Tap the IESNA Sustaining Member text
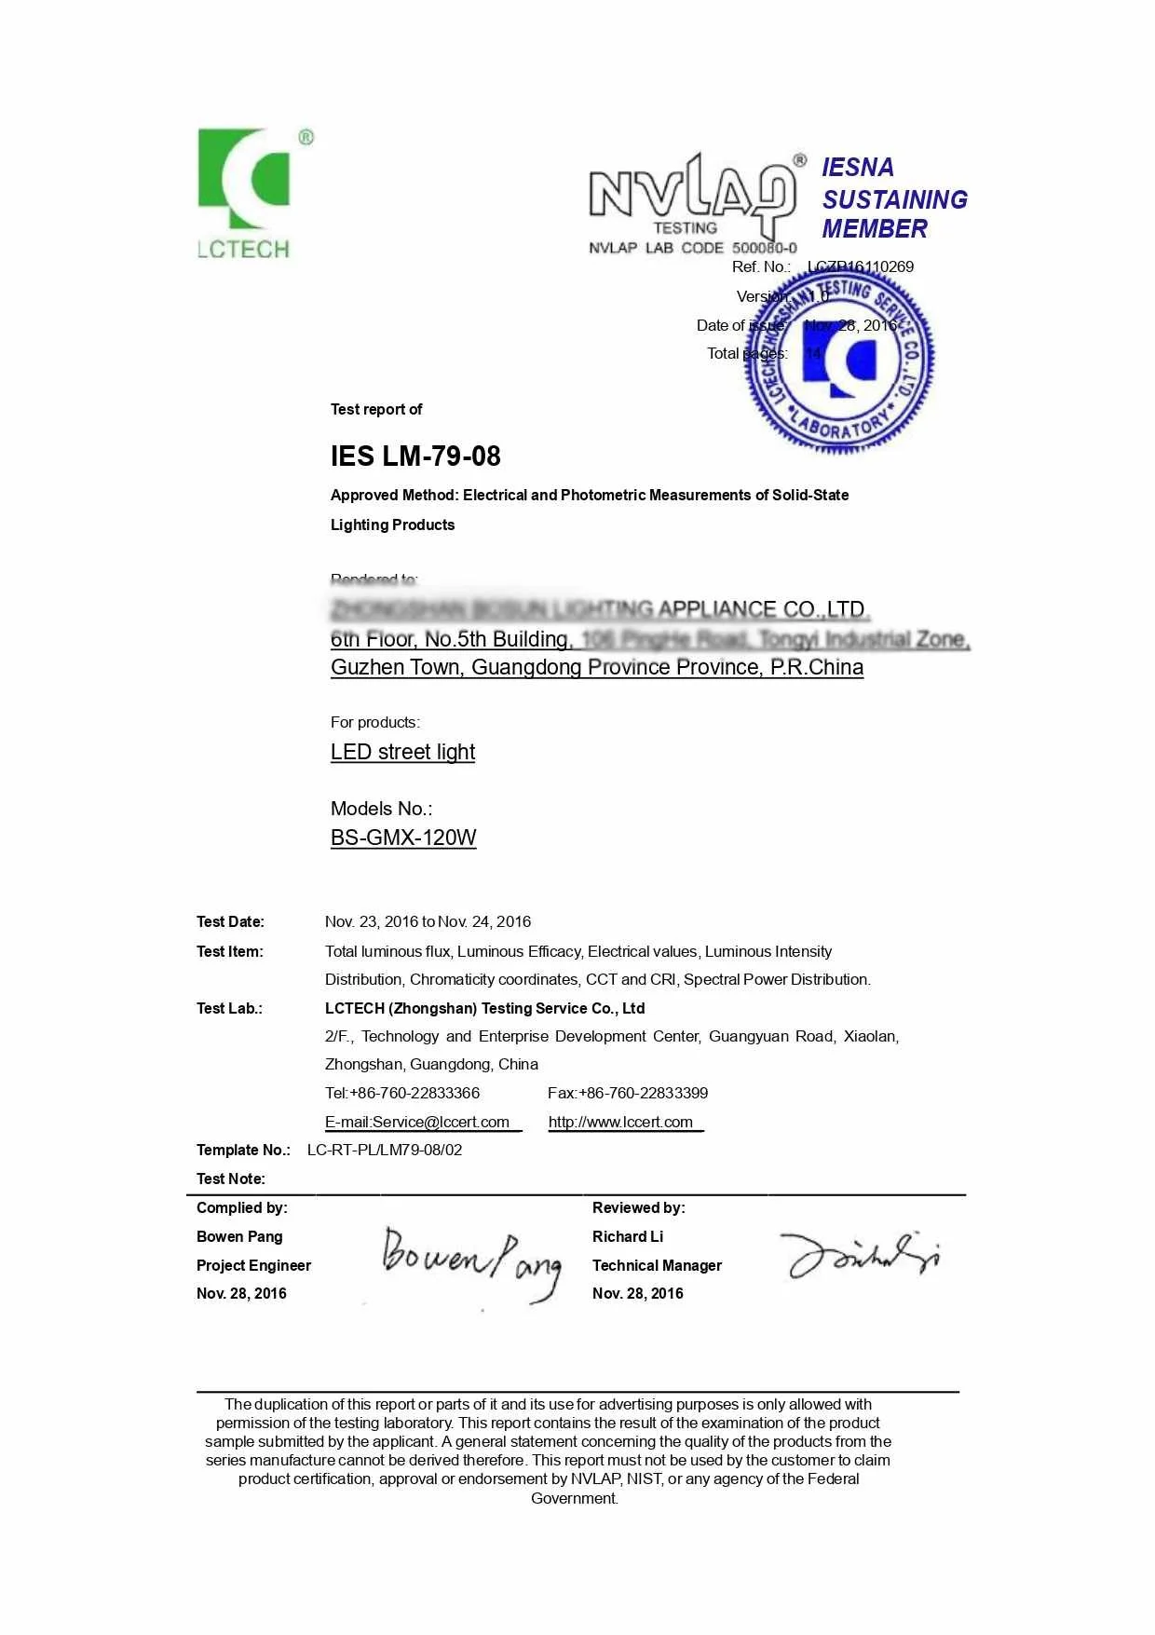pyautogui.click(x=893, y=198)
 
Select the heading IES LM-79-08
pyautogui.click(x=415, y=456)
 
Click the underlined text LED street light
pyautogui.click(x=402, y=752)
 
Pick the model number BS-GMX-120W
pyautogui.click(x=403, y=838)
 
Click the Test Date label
pyautogui.click(x=230, y=922)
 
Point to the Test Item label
pyautogui.click(x=230, y=951)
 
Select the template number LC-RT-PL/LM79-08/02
pyautogui.click(x=385, y=1150)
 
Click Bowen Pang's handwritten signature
pyautogui.click(x=471, y=1262)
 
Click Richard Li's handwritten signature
pyautogui.click(x=859, y=1254)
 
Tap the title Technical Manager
pyautogui.click(x=657, y=1265)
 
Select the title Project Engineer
pyautogui.click(x=253, y=1265)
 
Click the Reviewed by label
pyautogui.click(x=638, y=1207)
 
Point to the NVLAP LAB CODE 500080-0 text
pyautogui.click(x=693, y=248)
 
